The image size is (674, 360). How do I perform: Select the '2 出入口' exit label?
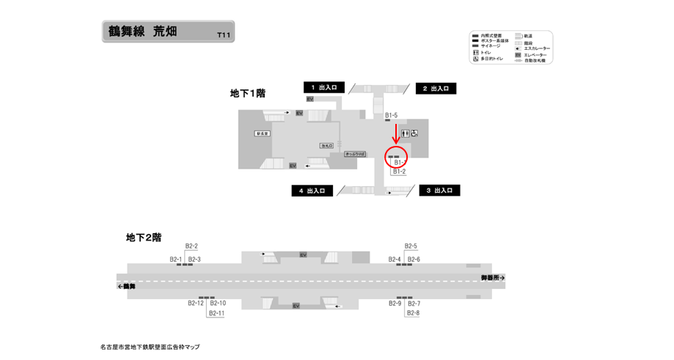tap(436, 89)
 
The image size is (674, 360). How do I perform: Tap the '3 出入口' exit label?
tap(439, 191)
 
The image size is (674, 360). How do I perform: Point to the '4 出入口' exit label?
tap(312, 191)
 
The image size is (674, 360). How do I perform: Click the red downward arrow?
tap(396, 133)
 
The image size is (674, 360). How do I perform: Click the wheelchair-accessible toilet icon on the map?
tap(414, 133)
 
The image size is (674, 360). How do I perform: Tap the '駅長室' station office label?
tap(263, 133)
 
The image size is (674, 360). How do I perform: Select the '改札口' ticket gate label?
tap(326, 146)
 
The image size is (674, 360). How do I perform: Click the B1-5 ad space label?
tap(391, 115)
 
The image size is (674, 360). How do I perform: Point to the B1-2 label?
tap(399, 172)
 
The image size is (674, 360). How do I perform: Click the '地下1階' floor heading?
tap(247, 93)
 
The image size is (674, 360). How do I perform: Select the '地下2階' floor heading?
tap(144, 238)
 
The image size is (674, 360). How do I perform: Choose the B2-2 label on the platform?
tap(191, 246)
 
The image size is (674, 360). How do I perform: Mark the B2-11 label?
tap(217, 313)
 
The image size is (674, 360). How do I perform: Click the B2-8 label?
tap(414, 313)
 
